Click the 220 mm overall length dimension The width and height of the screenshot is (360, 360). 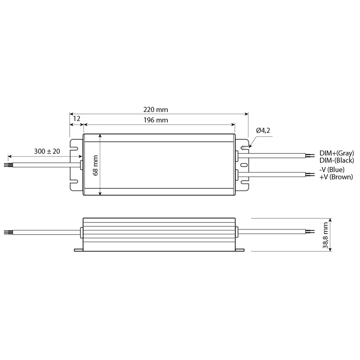pos(156,110)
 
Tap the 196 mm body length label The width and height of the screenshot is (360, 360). pos(156,120)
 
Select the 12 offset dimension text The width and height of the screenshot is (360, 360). pos(76,119)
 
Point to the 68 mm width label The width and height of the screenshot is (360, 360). pos(96,165)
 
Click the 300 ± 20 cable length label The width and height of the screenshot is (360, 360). pos(47,151)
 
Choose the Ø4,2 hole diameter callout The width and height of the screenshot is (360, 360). pos(263,130)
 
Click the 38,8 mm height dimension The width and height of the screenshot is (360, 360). pos(325,235)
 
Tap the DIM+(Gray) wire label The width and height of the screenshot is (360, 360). pos(337,153)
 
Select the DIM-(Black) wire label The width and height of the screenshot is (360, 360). pos(337,160)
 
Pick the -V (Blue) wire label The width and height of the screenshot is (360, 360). pos(332,170)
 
